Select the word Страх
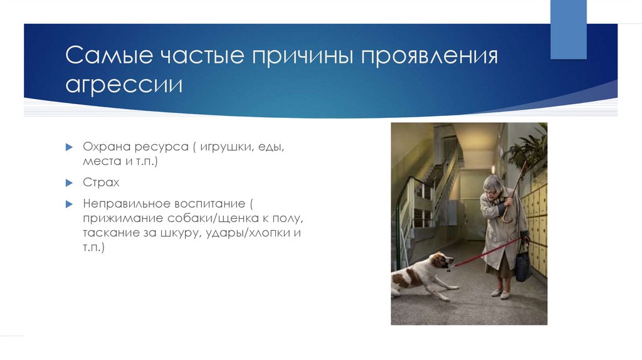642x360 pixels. (101, 183)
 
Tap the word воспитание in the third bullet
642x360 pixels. (210, 204)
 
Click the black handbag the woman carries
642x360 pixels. (523, 266)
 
